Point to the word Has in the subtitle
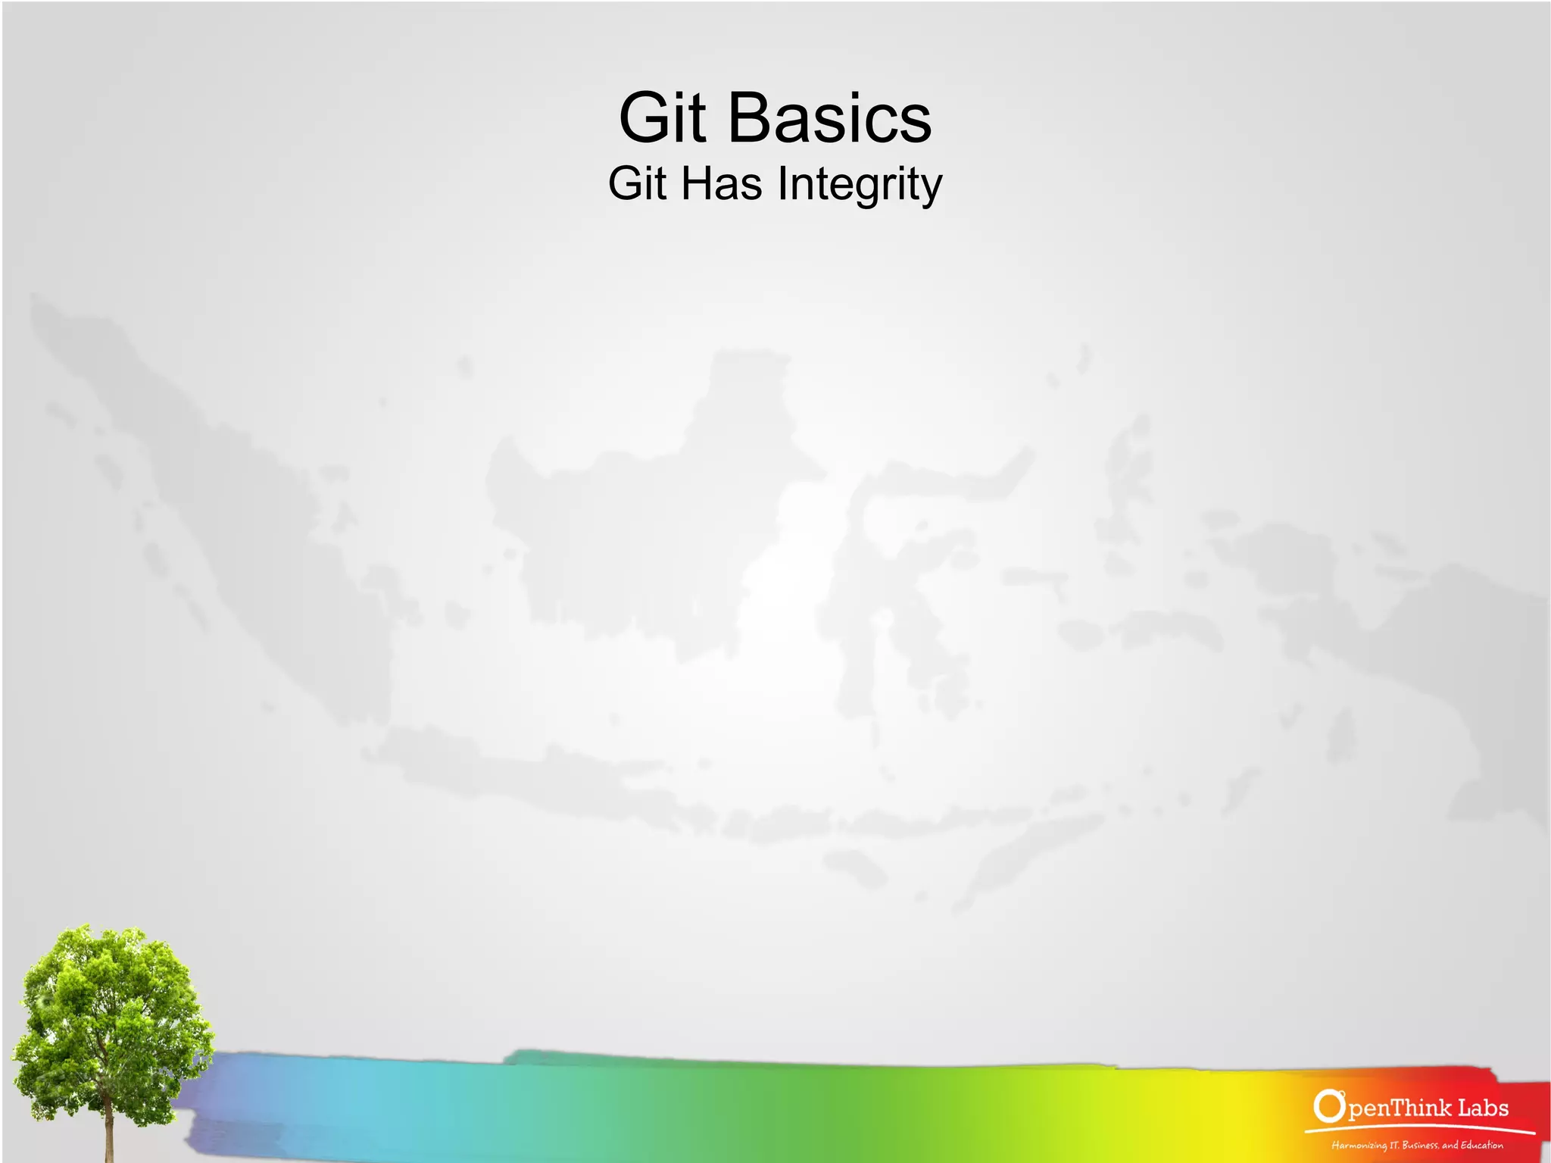[x=721, y=183]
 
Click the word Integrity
[x=860, y=185]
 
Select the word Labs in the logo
[x=1483, y=1108]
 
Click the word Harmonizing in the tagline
[x=1358, y=1146]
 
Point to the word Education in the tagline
[x=1481, y=1145]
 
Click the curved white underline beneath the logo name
[x=1416, y=1128]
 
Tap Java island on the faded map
[x=530, y=780]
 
